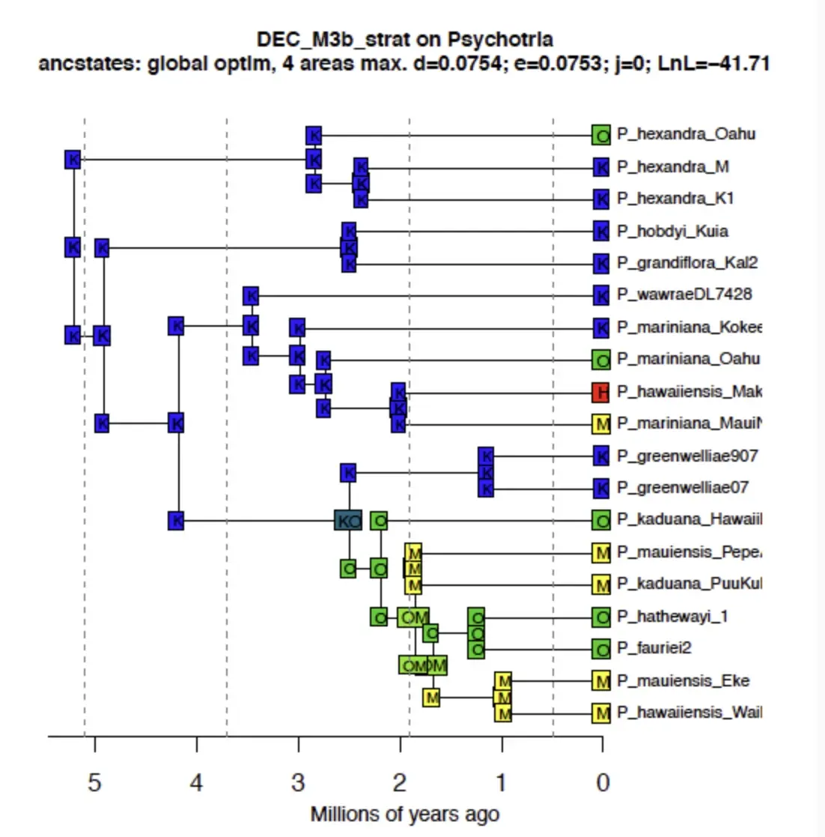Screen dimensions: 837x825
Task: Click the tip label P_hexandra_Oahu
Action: click(686, 134)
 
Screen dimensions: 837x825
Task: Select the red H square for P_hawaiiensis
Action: click(601, 392)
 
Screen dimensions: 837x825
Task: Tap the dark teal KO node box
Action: click(348, 520)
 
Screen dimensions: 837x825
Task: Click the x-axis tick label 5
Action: click(94, 783)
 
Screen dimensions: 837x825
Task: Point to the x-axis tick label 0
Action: click(603, 783)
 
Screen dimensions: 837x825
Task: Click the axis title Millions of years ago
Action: click(405, 815)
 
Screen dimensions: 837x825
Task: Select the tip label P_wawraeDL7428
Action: click(684, 294)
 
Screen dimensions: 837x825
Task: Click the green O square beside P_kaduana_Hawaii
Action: click(601, 519)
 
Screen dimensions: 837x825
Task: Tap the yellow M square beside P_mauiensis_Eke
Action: click(601, 681)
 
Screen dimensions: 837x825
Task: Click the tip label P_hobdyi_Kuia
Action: click(672, 231)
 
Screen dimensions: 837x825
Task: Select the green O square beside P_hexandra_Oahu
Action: click(601, 135)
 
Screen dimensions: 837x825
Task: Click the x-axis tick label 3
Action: click(298, 783)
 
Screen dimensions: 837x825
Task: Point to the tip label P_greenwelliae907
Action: click(687, 456)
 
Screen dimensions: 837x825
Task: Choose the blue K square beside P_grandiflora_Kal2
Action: click(601, 263)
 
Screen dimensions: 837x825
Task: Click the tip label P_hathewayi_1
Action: click(672, 617)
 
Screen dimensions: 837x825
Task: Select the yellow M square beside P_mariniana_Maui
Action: click(601, 424)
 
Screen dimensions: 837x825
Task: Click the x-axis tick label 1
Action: click(501, 783)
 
